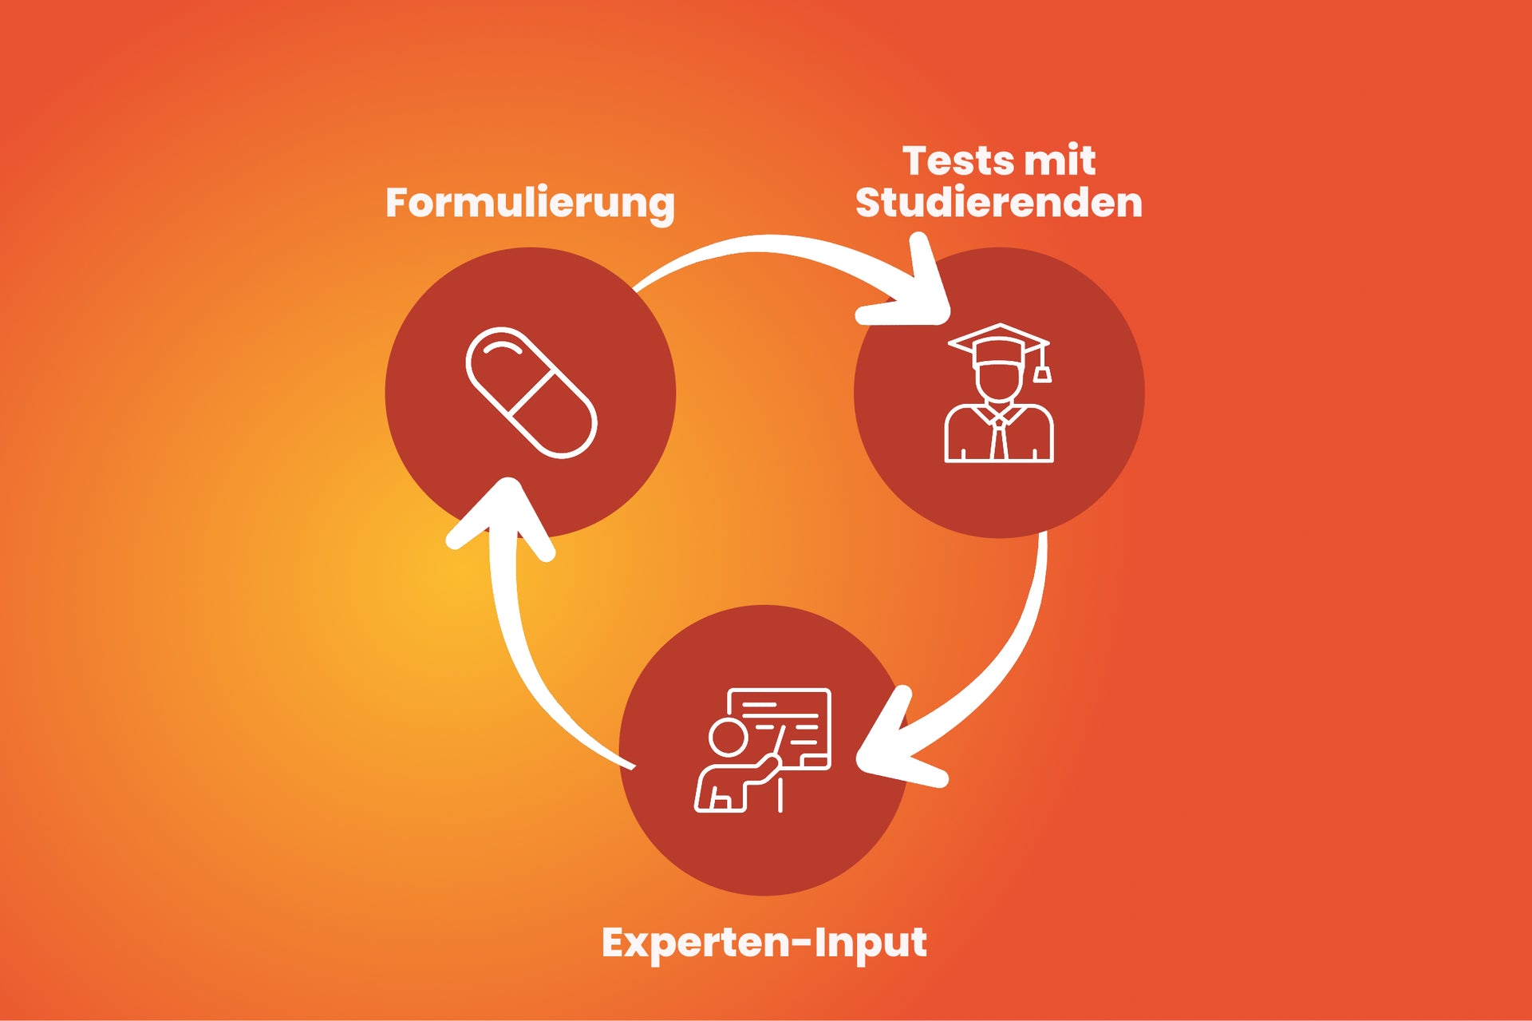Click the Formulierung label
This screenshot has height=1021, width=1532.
coord(530,203)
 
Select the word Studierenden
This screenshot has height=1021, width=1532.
coord(999,203)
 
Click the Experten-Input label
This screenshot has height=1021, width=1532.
coord(764,943)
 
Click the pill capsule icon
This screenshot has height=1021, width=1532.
coord(531,393)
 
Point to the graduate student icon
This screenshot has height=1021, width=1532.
coord(999,393)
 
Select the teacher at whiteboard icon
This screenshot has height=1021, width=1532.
coord(763,750)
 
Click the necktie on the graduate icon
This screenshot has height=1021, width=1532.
coord(998,439)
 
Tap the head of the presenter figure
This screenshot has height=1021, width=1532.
coord(728,737)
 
